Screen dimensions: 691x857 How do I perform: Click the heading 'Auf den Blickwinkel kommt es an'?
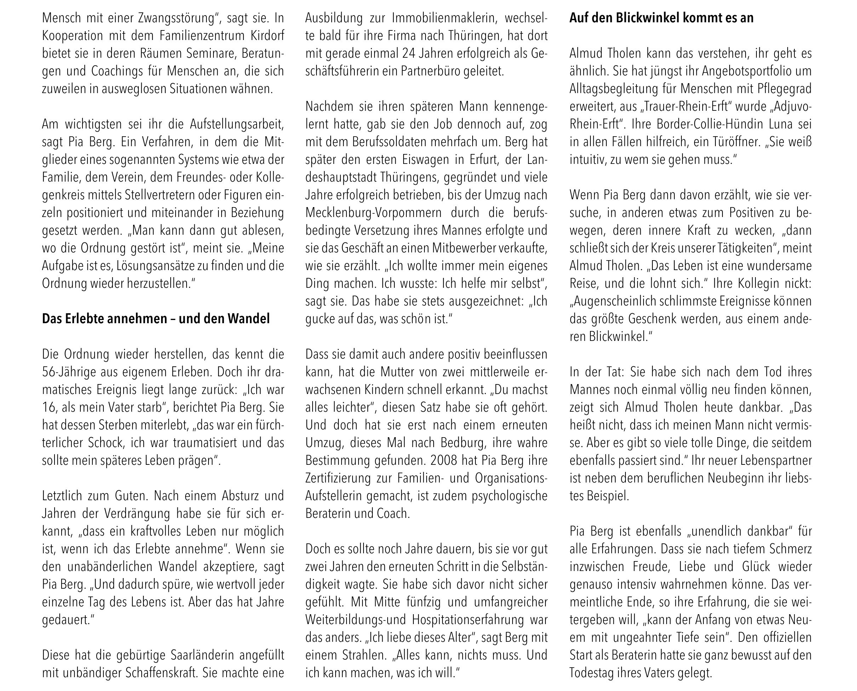pyautogui.click(x=661, y=18)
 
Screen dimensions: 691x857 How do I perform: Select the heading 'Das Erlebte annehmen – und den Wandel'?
pyautogui.click(x=156, y=319)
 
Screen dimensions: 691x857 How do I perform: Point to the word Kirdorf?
pyautogui.click(x=267, y=36)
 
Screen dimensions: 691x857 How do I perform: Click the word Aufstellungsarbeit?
pyautogui.click(x=236, y=124)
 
